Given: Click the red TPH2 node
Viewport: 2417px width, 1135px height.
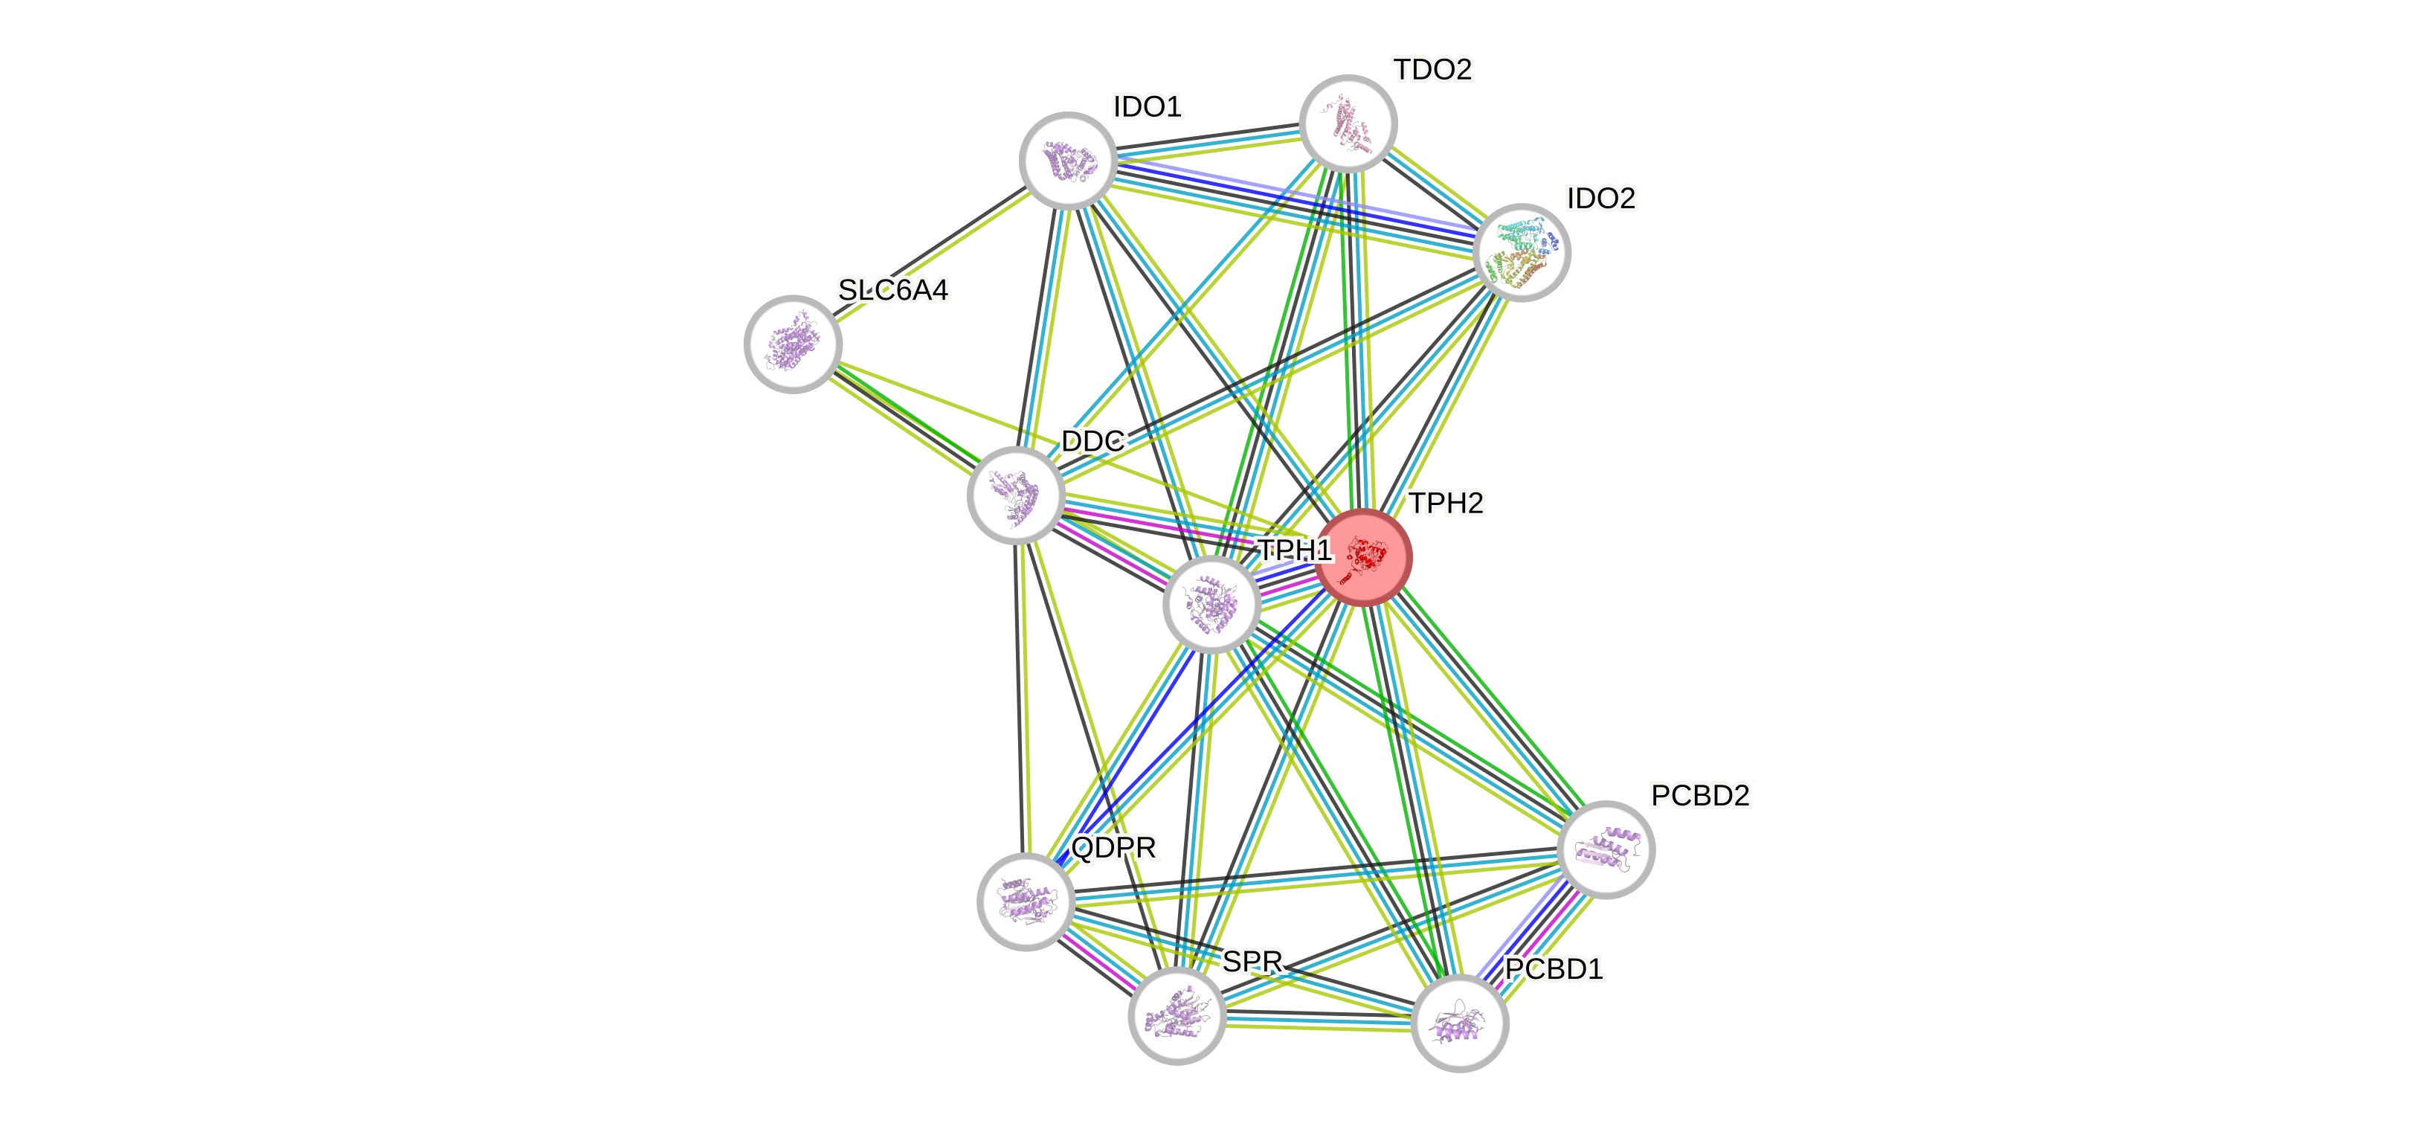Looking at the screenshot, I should (x=1363, y=558).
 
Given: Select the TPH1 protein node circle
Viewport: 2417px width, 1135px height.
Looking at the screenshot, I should (x=1211, y=604).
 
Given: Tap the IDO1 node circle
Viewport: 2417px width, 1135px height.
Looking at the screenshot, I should (x=1068, y=161).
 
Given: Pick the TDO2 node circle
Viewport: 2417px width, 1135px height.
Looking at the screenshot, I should (x=1348, y=123).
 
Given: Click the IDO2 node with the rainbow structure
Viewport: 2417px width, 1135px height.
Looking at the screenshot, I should (x=1521, y=252).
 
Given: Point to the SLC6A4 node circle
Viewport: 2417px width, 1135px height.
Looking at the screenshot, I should (x=793, y=344).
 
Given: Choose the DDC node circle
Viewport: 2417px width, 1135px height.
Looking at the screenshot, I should (x=1015, y=495).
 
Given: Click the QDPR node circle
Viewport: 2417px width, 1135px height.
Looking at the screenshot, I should (x=1026, y=901).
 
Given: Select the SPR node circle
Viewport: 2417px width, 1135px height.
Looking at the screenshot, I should (x=1177, y=1016).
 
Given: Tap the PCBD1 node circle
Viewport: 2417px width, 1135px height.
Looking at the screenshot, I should (x=1459, y=1023).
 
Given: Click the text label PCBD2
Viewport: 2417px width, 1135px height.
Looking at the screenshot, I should (x=1700, y=795).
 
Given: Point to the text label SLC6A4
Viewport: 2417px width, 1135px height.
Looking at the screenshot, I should (x=892, y=290).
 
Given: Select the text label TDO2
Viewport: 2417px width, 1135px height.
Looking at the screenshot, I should (x=1433, y=69).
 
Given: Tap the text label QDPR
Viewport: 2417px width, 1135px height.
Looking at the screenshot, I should (x=1114, y=848).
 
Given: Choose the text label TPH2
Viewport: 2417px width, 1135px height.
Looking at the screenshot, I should (x=1446, y=504).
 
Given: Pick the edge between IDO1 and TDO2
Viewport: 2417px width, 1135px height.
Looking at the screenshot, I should (x=1208, y=141).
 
